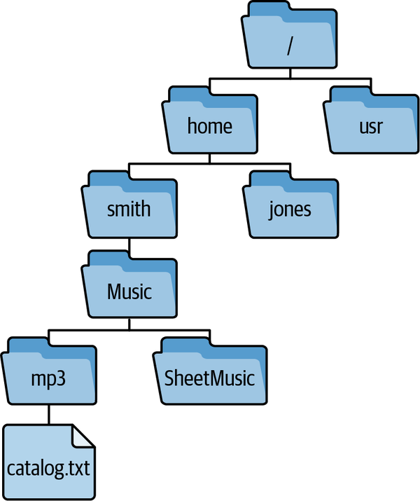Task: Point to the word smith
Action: point(129,209)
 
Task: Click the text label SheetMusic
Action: point(209,378)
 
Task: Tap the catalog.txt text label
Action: point(48,467)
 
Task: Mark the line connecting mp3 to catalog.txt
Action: point(48,414)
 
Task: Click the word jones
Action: point(290,209)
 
